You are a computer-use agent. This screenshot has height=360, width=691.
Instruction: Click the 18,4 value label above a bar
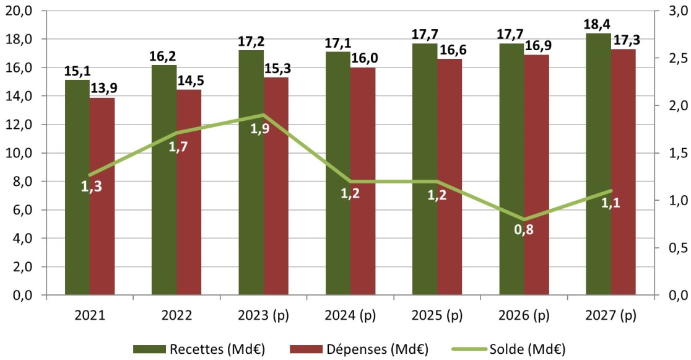tap(598, 25)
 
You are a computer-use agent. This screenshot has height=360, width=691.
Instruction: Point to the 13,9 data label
tap(103, 89)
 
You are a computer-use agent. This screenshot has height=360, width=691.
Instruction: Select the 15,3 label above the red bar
tap(276, 69)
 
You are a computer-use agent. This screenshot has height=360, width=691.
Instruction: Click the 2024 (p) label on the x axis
tap(350, 315)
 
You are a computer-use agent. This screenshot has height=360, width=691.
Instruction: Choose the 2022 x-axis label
tap(176, 315)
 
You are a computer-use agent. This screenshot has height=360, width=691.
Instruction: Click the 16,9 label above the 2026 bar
tap(536, 46)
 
